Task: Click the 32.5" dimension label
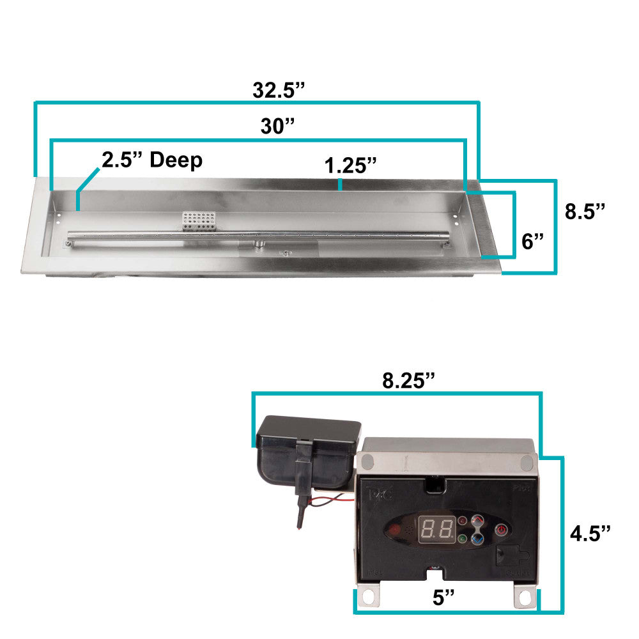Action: click(x=279, y=90)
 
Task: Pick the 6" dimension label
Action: click(x=532, y=241)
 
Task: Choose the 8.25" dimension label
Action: click(x=408, y=380)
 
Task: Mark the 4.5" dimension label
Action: click(x=590, y=534)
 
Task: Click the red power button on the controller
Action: click(x=502, y=529)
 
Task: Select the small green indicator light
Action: click(x=461, y=539)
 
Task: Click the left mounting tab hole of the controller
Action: click(x=369, y=597)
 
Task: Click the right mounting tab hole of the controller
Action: click(x=525, y=597)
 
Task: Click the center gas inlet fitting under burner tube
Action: click(x=259, y=245)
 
